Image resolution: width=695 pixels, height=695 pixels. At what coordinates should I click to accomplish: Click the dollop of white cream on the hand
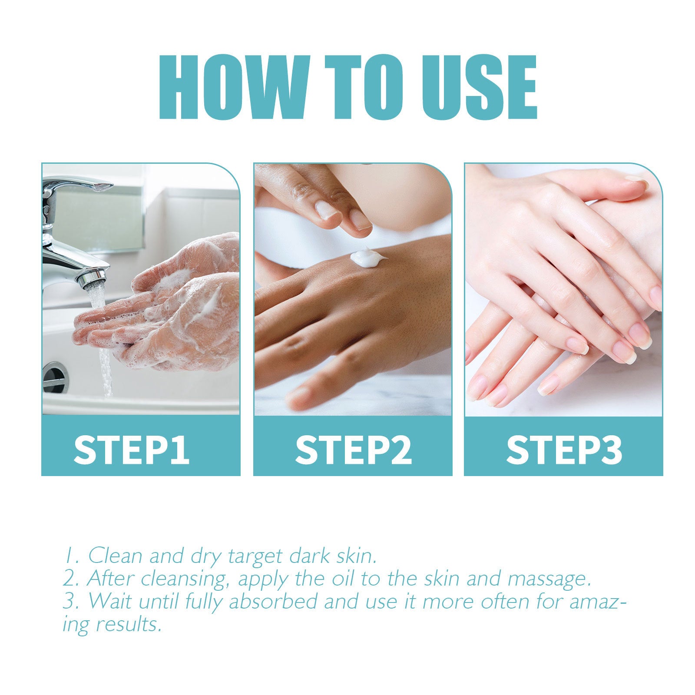[x=366, y=257]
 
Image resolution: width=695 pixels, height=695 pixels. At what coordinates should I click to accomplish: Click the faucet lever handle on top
[x=78, y=185]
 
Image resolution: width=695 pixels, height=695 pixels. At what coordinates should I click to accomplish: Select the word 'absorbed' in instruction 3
[x=273, y=602]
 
